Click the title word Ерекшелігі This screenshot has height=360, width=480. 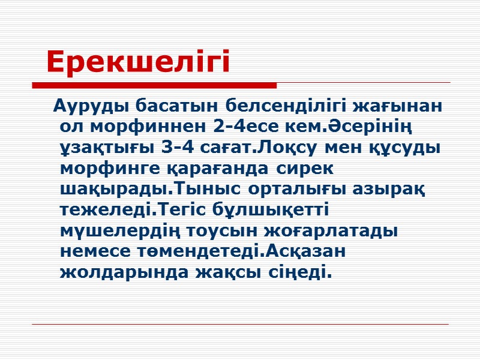click(x=138, y=62)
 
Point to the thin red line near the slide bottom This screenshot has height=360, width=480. click(x=240, y=325)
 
